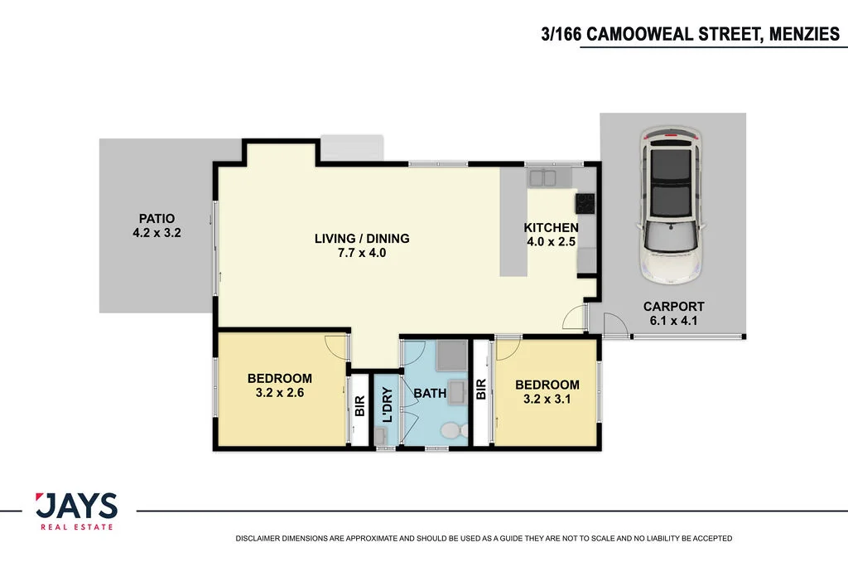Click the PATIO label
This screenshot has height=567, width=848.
click(x=157, y=219)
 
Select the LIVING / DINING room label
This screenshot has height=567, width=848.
click(x=362, y=239)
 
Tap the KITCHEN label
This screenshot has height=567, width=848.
click(x=551, y=228)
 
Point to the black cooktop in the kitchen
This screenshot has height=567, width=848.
click(x=585, y=201)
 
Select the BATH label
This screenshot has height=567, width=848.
click(x=430, y=394)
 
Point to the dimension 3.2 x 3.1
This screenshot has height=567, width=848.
click(x=547, y=399)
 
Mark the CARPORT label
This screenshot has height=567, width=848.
click(x=673, y=306)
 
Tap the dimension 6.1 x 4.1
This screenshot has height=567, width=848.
click(x=673, y=320)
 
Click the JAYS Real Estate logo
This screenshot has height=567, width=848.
click(x=76, y=511)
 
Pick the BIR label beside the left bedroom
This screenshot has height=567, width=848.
click(x=359, y=406)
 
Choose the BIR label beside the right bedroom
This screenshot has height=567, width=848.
click(x=481, y=390)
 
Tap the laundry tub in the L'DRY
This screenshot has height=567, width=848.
click(x=383, y=436)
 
